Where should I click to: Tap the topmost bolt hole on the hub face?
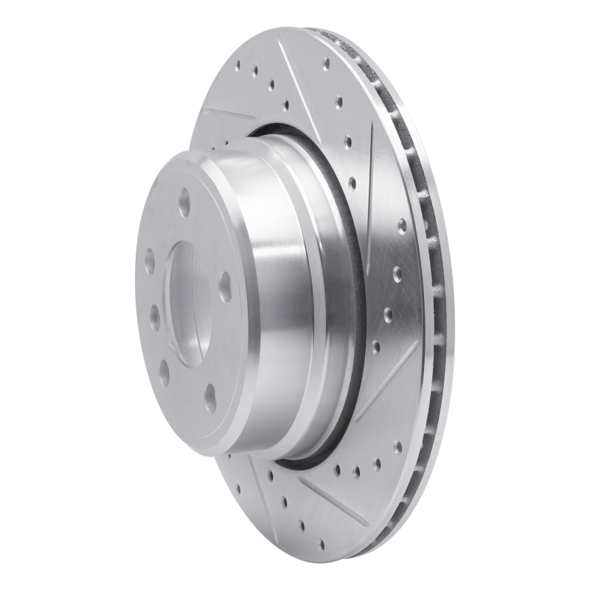click(184, 201)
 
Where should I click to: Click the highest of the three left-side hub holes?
click(150, 260)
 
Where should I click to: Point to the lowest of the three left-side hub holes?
click(164, 373)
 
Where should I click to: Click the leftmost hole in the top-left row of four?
click(237, 64)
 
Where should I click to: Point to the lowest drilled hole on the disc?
click(322, 544)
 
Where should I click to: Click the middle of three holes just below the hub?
click(356, 471)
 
